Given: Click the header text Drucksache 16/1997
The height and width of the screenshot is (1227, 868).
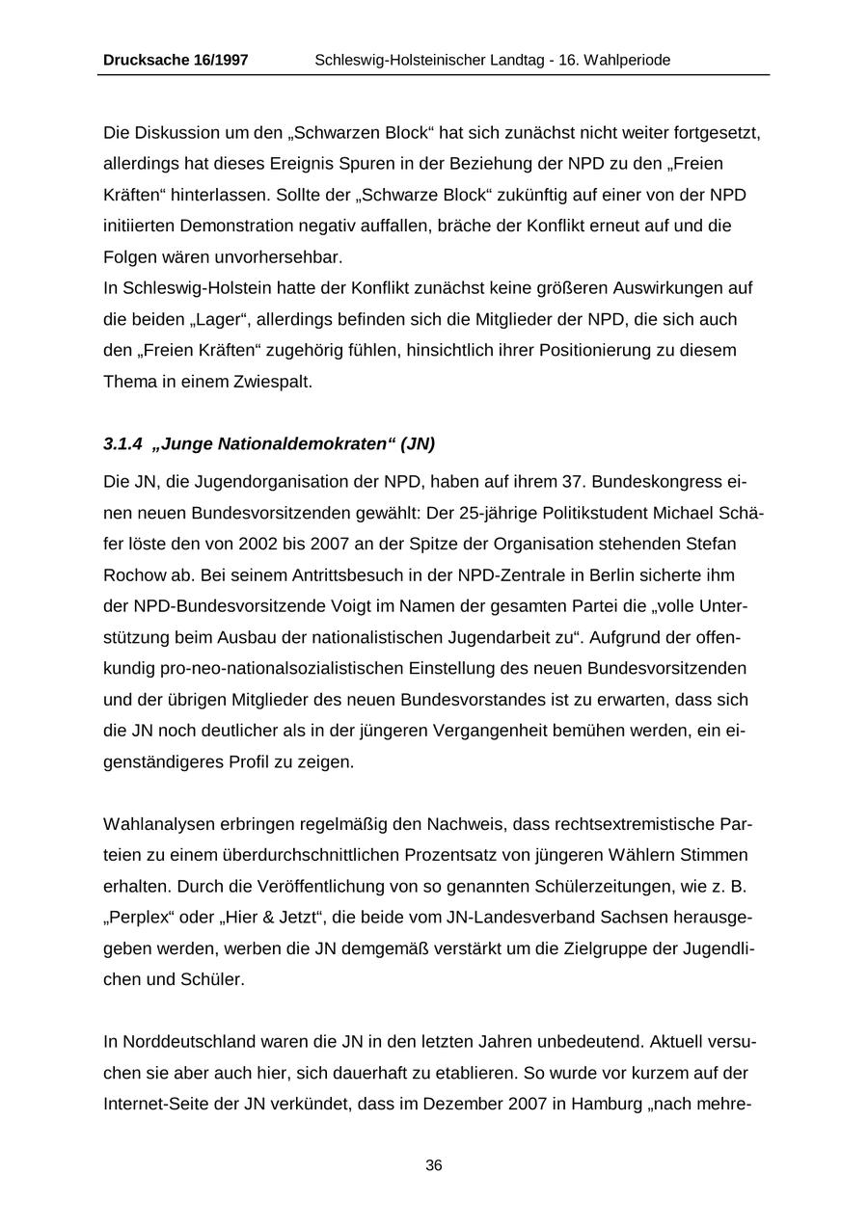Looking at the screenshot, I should (x=176, y=60).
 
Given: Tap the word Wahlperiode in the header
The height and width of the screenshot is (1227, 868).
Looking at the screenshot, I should (x=626, y=60).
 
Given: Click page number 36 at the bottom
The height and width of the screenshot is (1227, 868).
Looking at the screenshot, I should (x=434, y=1165).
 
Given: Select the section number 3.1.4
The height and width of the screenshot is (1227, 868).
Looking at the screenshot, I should (x=122, y=444).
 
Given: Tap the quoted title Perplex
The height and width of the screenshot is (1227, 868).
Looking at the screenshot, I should (x=142, y=918).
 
